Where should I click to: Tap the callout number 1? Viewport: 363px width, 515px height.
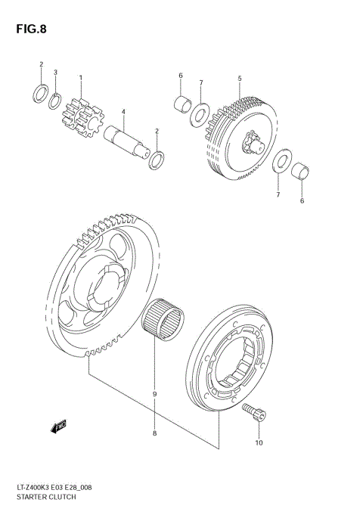(x=80, y=78)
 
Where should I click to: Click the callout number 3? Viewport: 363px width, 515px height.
(x=56, y=73)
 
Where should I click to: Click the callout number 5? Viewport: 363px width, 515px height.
(x=239, y=78)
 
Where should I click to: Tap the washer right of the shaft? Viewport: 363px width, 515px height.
(x=157, y=159)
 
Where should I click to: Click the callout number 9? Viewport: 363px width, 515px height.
(x=155, y=395)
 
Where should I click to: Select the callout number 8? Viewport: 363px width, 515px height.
(x=155, y=433)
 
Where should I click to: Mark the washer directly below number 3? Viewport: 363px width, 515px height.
(x=55, y=99)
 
